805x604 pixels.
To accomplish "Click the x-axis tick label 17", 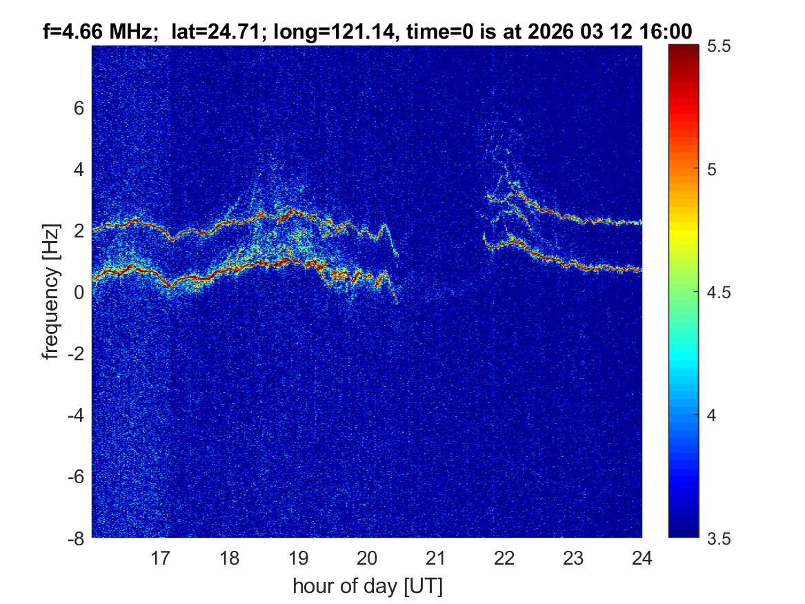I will coord(161,558).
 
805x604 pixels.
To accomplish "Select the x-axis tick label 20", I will coord(367,558).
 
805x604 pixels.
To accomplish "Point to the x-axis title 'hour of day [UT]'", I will coord(367,586).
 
